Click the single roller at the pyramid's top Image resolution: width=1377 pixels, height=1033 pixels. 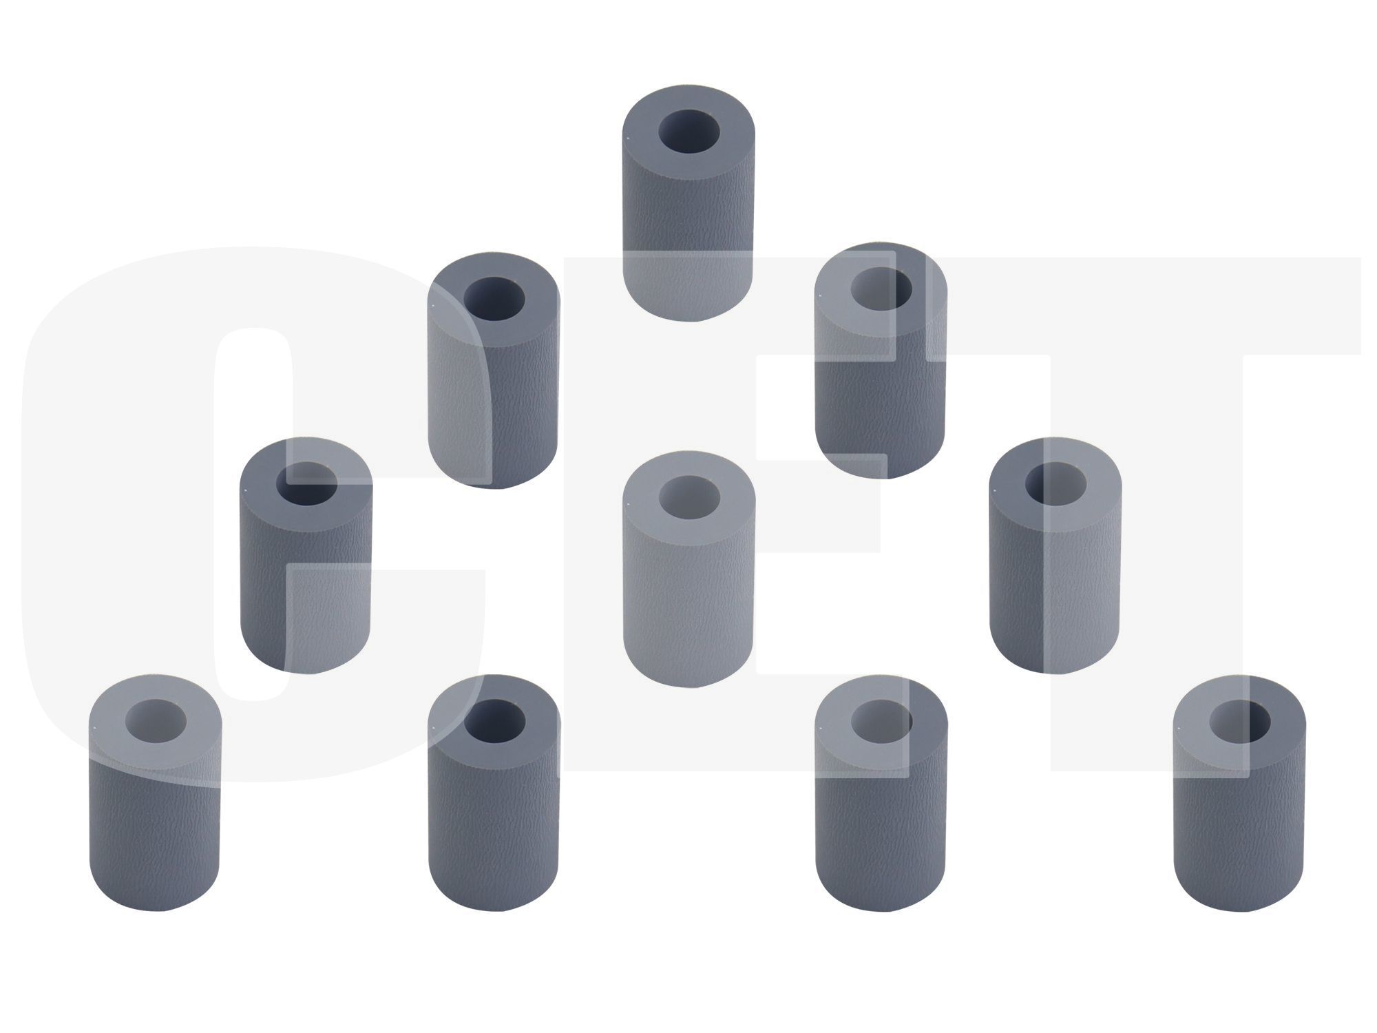click(687, 203)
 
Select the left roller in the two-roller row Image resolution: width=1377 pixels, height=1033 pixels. click(494, 371)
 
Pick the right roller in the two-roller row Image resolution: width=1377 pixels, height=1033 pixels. click(881, 361)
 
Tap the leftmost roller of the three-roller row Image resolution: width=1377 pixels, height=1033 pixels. click(306, 554)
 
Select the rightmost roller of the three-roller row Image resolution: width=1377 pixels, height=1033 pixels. click(1055, 554)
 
